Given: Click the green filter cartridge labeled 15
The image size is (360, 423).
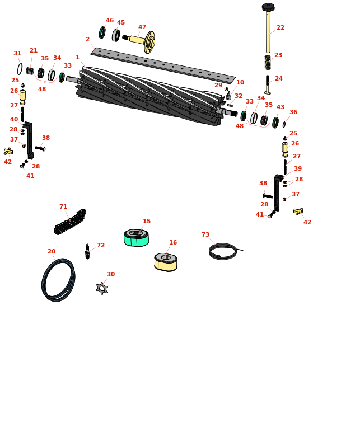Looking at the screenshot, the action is (x=136, y=238).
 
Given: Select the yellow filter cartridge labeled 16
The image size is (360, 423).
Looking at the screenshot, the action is (x=166, y=262).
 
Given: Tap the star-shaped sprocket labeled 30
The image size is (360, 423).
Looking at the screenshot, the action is (x=102, y=288).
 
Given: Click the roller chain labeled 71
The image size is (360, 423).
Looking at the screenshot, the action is (x=70, y=222).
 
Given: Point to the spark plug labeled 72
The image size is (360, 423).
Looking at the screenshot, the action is (x=87, y=251).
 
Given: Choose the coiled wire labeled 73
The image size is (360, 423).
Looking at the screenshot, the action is (x=223, y=251).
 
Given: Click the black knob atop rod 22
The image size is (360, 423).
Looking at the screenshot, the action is (x=268, y=7).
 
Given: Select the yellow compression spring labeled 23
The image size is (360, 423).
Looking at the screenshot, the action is (x=268, y=62).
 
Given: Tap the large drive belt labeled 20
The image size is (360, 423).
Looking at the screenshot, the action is (x=58, y=280).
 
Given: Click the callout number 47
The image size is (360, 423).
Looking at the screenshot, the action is (x=142, y=27).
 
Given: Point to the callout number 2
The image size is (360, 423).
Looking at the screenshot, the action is (x=87, y=39).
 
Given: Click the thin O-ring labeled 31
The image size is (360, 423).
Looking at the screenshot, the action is (x=20, y=69).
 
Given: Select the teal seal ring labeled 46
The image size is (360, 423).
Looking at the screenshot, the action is (x=102, y=32).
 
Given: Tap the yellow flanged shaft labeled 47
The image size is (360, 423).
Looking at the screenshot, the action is (x=141, y=41).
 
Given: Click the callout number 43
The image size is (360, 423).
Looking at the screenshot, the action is (x=280, y=107).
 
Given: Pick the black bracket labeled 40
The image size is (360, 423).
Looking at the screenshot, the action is (x=29, y=140).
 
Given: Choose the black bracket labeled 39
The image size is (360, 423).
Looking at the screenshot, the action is (x=278, y=192).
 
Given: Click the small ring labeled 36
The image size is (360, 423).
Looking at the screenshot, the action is (x=284, y=125).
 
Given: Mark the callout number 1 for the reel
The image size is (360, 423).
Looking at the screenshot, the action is (x=77, y=57).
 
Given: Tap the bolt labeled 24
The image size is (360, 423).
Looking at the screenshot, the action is (x=268, y=85).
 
